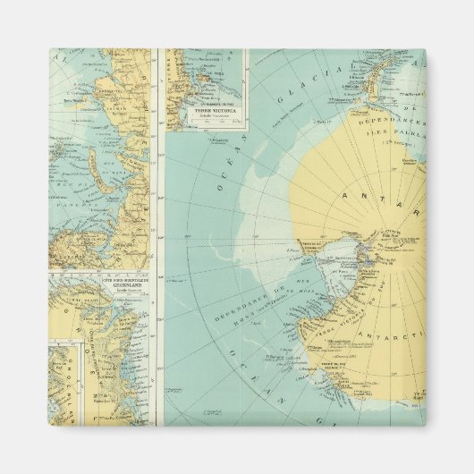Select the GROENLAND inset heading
tap(101, 288)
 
